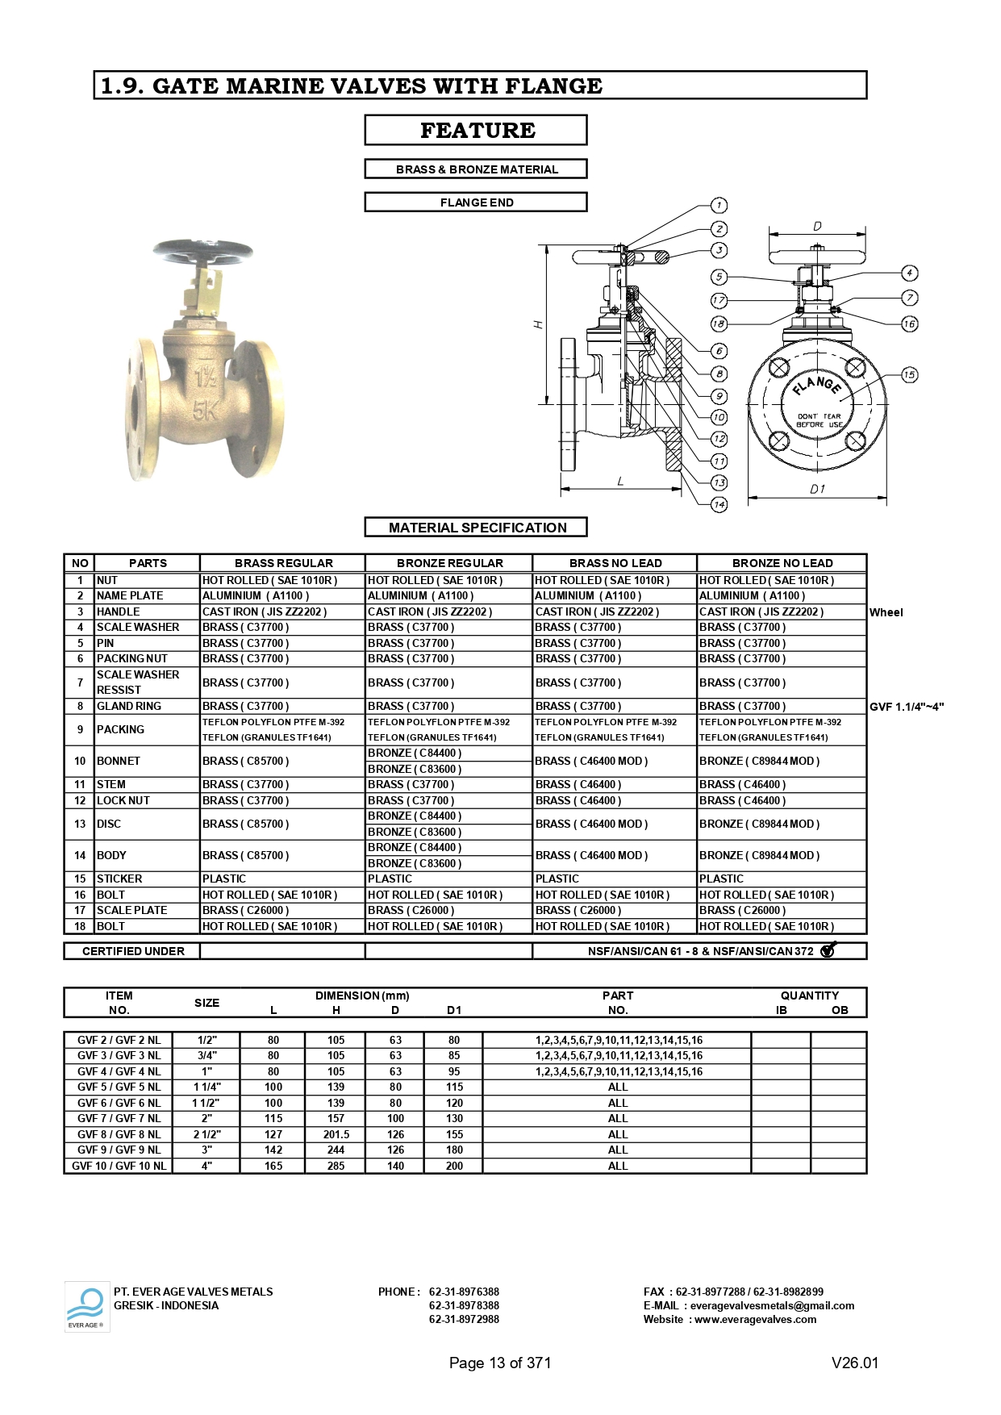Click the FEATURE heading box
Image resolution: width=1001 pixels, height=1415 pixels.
point(476,130)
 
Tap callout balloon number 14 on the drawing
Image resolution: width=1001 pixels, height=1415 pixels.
point(719,504)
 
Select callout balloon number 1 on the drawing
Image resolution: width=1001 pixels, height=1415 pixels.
point(719,205)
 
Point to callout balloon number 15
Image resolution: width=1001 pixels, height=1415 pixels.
point(909,374)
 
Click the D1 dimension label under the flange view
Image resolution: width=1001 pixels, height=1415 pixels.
point(817,489)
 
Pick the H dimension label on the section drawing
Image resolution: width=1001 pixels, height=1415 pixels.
point(538,324)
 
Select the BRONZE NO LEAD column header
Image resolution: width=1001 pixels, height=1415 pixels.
point(782,563)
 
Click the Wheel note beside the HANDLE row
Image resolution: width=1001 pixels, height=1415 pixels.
point(886,612)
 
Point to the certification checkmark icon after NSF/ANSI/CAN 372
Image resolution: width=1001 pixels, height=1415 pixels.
point(828,950)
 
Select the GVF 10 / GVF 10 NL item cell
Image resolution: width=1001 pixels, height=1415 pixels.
point(119,1166)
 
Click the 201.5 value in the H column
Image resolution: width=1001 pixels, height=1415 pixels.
point(336,1134)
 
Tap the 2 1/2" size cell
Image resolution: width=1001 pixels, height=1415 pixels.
point(206,1134)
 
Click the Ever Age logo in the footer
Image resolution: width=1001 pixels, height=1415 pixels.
point(86,1306)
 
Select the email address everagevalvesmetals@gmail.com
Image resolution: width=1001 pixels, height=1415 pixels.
point(772,1305)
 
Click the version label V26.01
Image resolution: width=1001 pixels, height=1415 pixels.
point(854,1363)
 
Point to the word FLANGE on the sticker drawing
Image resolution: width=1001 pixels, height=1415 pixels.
point(816,384)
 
